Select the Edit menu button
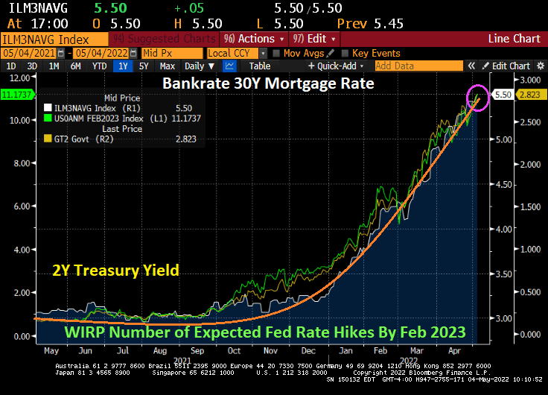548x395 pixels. pos(314,39)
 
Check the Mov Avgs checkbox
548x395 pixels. pos(275,54)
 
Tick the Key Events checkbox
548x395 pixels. pos(344,54)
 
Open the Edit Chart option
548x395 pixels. pos(506,66)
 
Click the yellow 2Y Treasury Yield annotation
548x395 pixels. pos(115,271)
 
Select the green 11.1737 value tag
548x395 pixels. pos(13,94)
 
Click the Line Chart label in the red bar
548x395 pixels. pos(514,39)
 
